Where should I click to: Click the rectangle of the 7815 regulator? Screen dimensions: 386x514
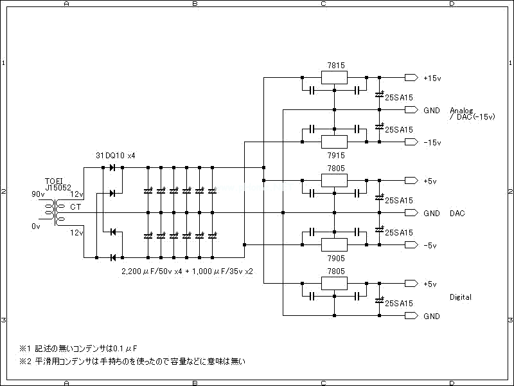(x=334, y=78)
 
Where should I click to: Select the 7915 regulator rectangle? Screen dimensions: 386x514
(x=334, y=142)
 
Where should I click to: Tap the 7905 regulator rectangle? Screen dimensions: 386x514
(x=334, y=244)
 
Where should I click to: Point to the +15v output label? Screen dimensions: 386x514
(x=432, y=78)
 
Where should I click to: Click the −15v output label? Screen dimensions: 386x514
(x=432, y=143)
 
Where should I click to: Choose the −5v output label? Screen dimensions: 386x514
(x=430, y=245)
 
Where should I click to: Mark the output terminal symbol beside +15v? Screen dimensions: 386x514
(x=411, y=78)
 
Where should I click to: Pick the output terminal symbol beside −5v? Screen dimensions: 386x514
(x=411, y=245)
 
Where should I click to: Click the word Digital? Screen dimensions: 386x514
(x=461, y=297)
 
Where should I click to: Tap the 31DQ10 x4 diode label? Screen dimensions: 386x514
(x=116, y=156)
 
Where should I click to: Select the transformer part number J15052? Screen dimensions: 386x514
(x=58, y=188)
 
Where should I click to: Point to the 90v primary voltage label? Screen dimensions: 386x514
(x=38, y=194)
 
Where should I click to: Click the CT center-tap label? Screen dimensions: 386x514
(x=76, y=207)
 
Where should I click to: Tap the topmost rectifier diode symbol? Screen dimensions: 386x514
(x=112, y=168)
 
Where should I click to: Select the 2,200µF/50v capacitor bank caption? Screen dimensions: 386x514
(x=187, y=271)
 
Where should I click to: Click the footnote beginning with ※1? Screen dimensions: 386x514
(x=84, y=349)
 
